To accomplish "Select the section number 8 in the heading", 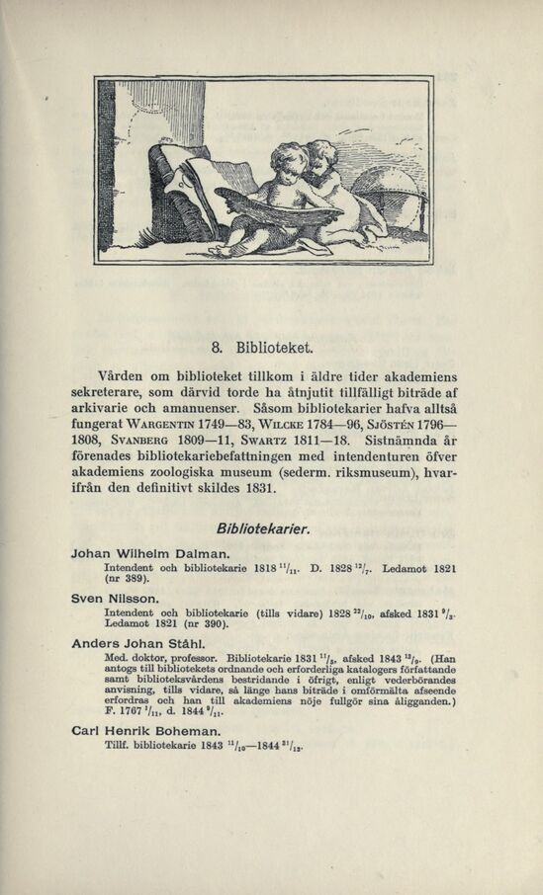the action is coord(219,346).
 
